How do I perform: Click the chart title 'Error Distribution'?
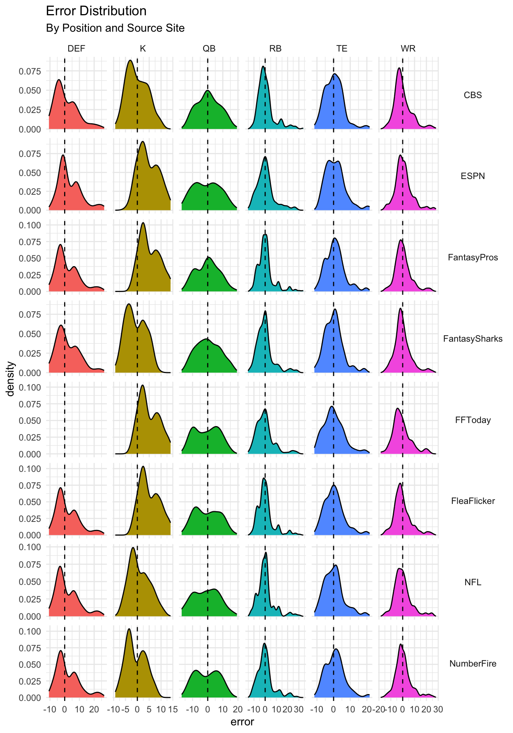tap(96, 11)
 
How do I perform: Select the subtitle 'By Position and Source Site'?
tap(115, 28)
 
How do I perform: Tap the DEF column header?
tap(76, 48)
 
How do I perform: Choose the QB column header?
tap(209, 48)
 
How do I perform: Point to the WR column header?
tap(408, 48)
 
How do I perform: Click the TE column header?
tap(342, 48)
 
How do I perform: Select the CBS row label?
tap(473, 95)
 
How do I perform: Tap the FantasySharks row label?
tap(473, 339)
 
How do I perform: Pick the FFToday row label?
tap(473, 420)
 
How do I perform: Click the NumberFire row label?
tap(473, 664)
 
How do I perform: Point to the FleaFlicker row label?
tap(473, 501)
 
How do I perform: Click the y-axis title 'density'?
tap(11, 379)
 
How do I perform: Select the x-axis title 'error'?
tap(242, 722)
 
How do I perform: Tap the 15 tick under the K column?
tap(173, 710)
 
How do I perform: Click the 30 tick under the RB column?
tap(299, 710)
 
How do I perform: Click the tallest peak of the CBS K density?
tap(130, 60)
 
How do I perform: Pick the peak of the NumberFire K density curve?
tap(129, 629)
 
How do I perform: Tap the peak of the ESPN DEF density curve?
tap(63, 155)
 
